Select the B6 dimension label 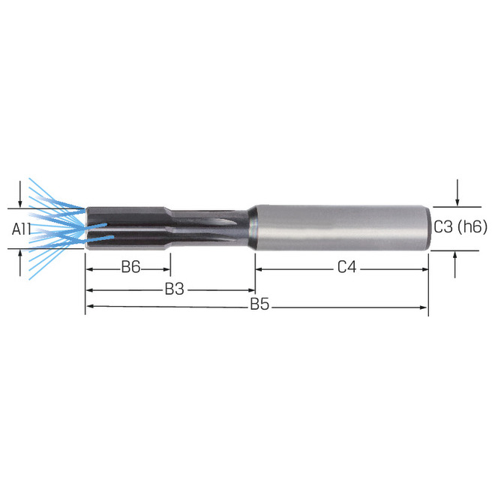[130, 267]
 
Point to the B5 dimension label [259, 305]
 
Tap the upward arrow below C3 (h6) [456, 256]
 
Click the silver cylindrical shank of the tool [337, 227]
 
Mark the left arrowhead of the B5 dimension [88, 307]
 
